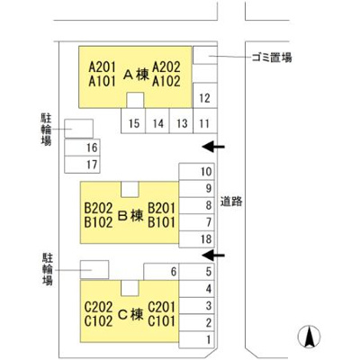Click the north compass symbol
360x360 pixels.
click(309, 337)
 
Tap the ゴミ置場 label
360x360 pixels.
click(272, 57)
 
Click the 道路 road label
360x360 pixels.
click(231, 202)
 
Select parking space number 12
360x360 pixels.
click(205, 95)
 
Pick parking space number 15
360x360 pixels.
click(133, 121)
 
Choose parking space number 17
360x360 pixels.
click(82, 165)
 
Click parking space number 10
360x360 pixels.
click(196, 172)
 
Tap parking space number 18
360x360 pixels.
click(196, 239)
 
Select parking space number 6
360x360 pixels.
click(161, 272)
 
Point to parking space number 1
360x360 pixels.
click(196, 340)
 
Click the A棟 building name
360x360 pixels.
click(136, 74)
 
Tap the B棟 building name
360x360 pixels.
click(130, 215)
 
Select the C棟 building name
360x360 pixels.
click(130, 314)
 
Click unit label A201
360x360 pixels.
click(102, 67)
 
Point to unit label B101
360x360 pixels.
click(161, 222)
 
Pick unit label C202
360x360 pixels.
click(98, 307)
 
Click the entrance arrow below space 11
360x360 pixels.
click(213, 147)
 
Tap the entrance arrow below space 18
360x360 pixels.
click(213, 256)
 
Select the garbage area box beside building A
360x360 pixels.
click(205, 55)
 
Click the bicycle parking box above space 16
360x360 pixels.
click(78, 129)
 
